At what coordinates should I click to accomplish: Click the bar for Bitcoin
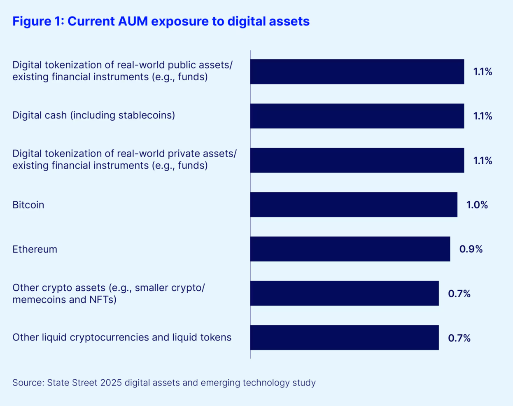tap(354, 205)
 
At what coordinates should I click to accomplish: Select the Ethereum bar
tap(350, 249)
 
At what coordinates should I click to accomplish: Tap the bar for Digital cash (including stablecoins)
tap(357, 116)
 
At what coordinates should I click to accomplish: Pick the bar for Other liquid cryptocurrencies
tap(345, 338)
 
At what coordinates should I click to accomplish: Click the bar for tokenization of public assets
tap(357, 72)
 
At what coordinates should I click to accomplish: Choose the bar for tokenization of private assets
tap(357, 160)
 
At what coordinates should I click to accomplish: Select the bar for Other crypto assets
tap(345, 293)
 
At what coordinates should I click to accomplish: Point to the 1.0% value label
tap(477, 205)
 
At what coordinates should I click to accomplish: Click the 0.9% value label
tap(471, 249)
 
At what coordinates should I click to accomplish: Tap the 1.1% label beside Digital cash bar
tap(483, 116)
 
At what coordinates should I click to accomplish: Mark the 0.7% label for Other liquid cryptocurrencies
tap(459, 338)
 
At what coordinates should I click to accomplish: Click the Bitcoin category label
tap(28, 205)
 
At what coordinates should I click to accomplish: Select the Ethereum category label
tap(35, 249)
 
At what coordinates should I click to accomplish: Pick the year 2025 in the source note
tap(111, 383)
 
